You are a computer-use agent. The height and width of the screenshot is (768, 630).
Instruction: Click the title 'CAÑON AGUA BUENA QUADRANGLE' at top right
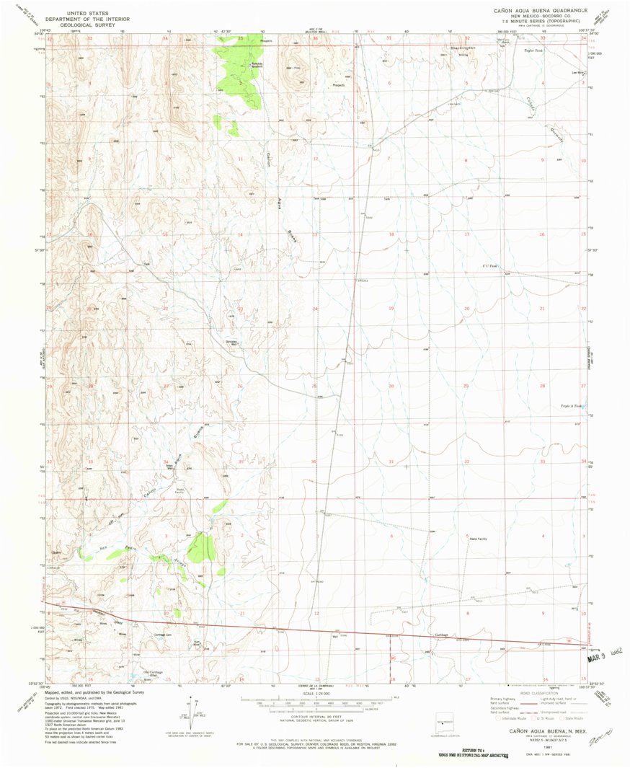point(540,11)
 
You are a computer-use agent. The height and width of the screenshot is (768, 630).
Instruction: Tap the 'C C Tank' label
point(490,266)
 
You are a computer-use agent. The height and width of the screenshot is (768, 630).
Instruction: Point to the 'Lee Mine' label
point(578,72)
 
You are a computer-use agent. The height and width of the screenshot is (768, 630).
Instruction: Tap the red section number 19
point(391,308)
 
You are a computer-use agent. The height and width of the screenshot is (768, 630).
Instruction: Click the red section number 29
point(466,386)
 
